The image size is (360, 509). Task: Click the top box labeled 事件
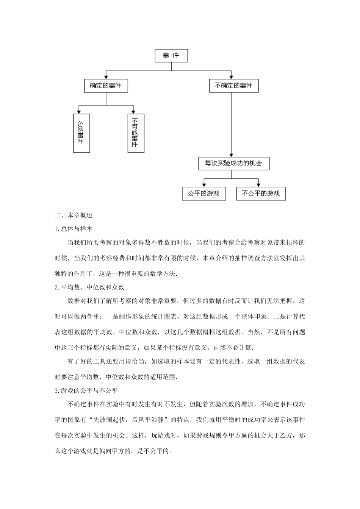click(x=171, y=56)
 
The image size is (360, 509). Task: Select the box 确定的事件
click(x=106, y=86)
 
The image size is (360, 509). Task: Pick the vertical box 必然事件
click(x=81, y=133)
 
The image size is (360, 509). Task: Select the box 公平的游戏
click(x=203, y=194)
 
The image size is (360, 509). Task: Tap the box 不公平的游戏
click(x=261, y=194)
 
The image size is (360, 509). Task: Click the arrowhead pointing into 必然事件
click(x=78, y=112)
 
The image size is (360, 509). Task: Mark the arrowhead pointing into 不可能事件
click(x=133, y=112)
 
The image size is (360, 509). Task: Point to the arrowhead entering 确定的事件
click(x=106, y=77)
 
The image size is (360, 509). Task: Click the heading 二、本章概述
click(x=74, y=215)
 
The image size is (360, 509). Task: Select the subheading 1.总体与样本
click(x=74, y=229)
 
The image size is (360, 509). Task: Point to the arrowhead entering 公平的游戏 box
click(x=204, y=184)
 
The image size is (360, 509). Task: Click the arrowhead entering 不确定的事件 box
click(x=231, y=77)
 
